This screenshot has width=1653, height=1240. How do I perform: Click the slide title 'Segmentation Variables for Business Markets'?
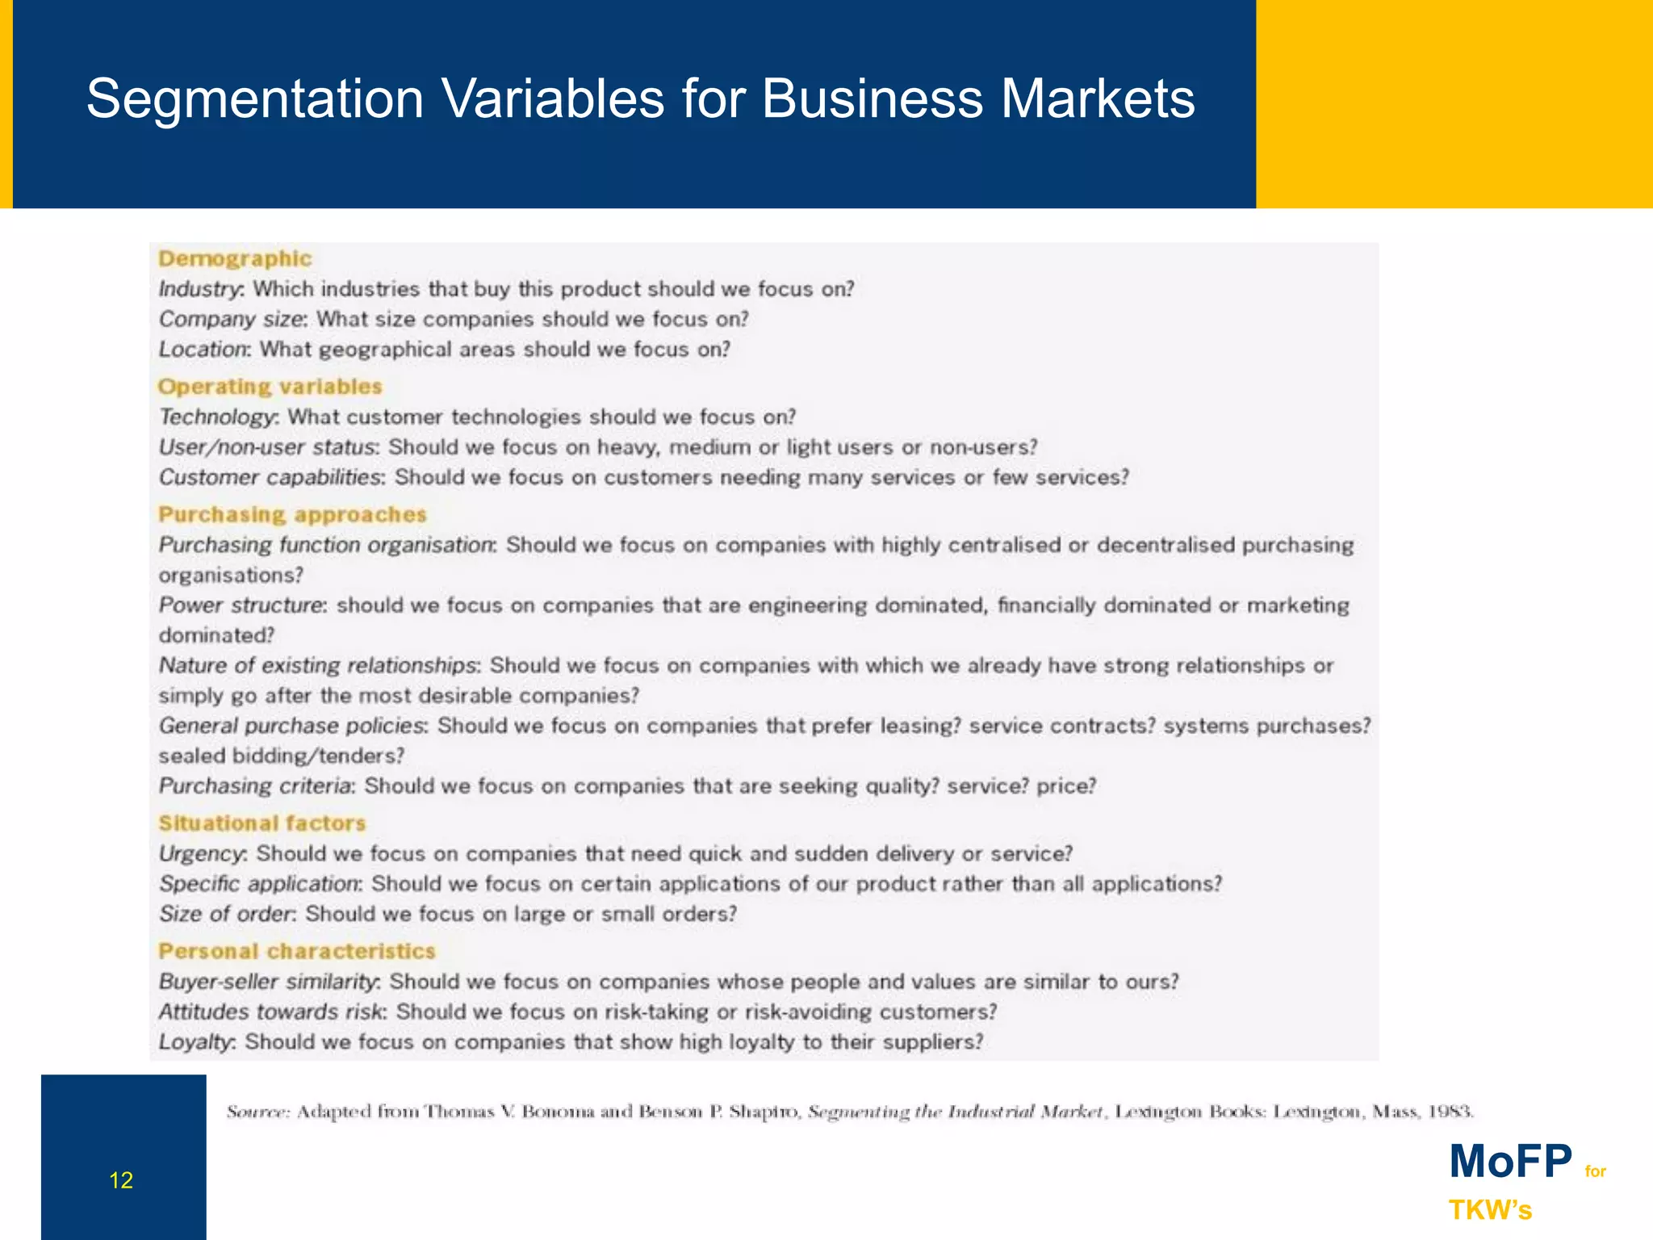(x=640, y=99)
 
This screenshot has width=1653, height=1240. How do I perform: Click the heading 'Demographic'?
(x=235, y=258)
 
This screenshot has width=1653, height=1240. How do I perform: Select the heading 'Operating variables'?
(x=270, y=387)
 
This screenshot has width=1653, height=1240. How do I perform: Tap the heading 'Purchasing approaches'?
(x=292, y=514)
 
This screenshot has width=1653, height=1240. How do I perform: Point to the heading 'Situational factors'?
(x=262, y=823)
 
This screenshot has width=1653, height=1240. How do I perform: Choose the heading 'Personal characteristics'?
(x=296, y=951)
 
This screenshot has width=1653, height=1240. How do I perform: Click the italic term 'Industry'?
(x=200, y=289)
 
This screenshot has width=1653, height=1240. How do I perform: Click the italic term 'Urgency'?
(x=202, y=854)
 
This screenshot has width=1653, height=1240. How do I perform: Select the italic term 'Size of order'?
(x=227, y=914)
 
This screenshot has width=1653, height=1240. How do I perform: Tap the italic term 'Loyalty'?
(x=196, y=1042)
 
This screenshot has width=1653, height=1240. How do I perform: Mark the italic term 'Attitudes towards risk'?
(x=272, y=1012)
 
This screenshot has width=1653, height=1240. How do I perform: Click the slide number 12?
(x=121, y=1181)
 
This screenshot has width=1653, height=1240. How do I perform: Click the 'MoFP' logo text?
(x=1510, y=1162)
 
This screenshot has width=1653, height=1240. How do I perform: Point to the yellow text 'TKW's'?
(x=1490, y=1210)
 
